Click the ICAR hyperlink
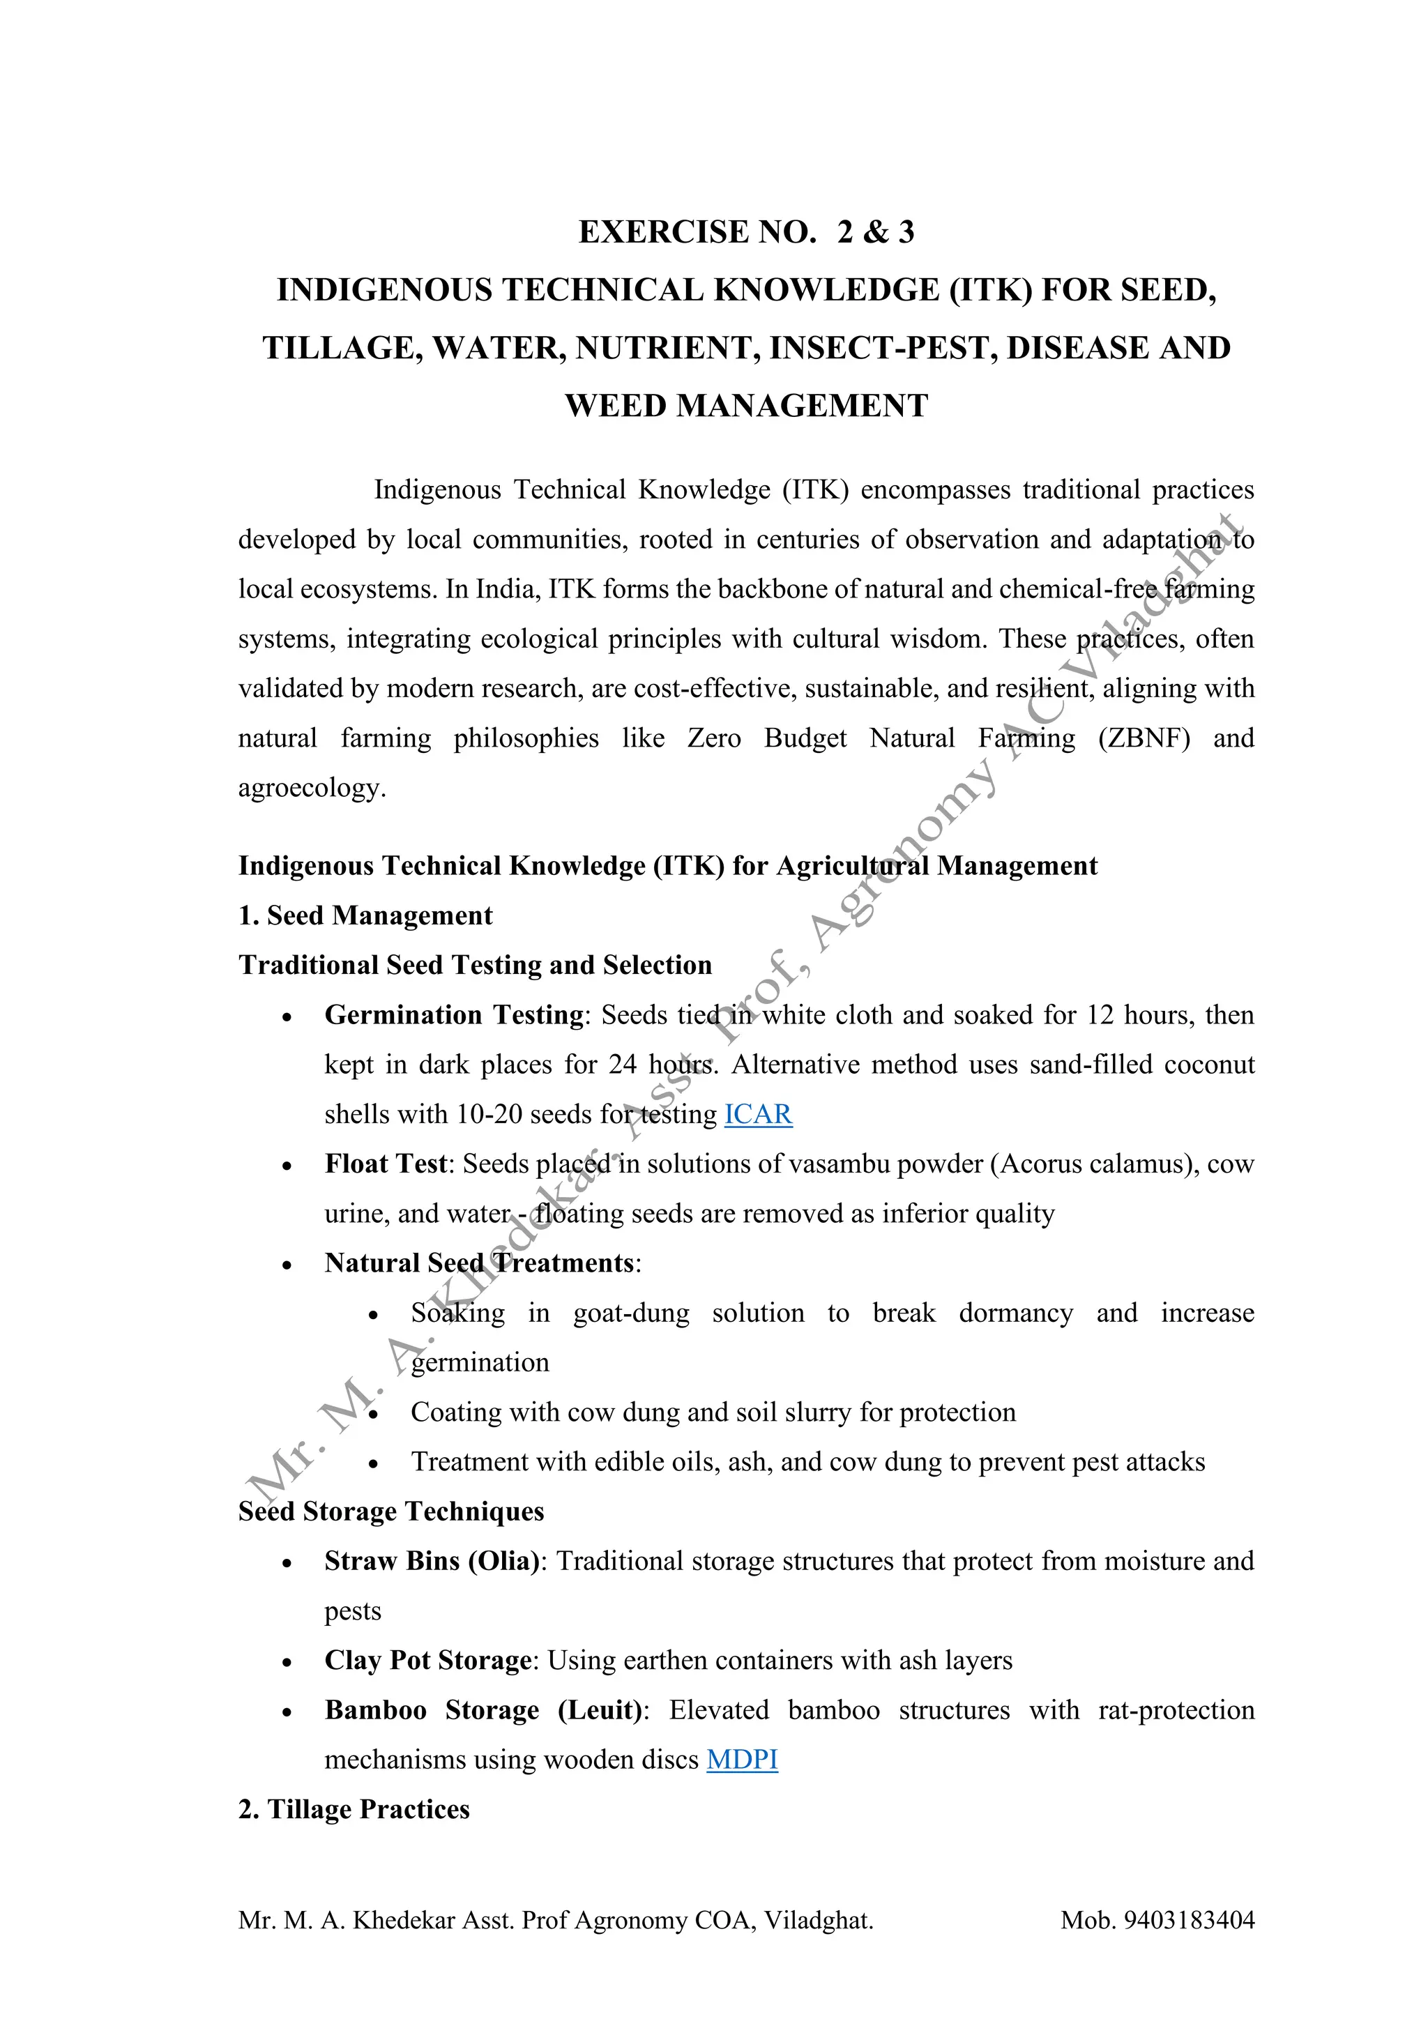(758, 1114)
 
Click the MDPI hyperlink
(742, 1760)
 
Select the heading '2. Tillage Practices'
(354, 1810)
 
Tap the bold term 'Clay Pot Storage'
(427, 1660)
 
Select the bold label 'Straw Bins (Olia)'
(431, 1561)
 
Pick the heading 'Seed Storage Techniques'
(391, 1511)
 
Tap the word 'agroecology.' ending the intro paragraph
(312, 788)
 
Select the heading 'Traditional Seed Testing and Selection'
(475, 966)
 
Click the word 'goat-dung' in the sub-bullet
(630, 1313)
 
